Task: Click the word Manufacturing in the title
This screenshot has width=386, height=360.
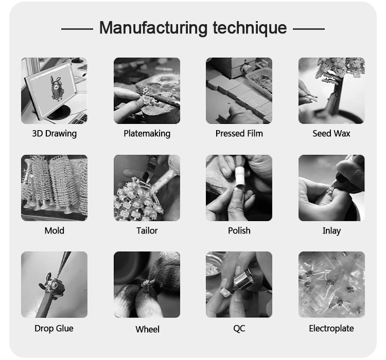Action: pos(153,28)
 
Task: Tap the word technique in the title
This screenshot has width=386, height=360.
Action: pos(250,28)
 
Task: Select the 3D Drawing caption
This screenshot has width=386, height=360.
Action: pos(55,133)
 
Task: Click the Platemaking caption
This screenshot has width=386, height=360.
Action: pos(147,133)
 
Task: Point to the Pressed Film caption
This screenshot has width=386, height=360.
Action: pos(239,133)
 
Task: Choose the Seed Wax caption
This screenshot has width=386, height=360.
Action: pos(331,133)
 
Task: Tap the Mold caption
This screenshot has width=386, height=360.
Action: pos(55,230)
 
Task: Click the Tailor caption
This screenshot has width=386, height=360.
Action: pos(147,230)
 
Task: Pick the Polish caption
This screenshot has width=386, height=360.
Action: pos(239,230)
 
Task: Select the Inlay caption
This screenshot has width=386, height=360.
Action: pos(331,231)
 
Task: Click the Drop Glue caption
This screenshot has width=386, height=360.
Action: pos(54,328)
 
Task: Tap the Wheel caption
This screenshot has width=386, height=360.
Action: pos(148,329)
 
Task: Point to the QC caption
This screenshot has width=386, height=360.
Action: pos(239,328)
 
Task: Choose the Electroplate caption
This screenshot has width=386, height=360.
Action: pos(331,328)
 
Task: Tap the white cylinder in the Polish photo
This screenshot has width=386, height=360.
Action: pos(239,176)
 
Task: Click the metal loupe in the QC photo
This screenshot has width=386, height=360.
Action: pos(242,279)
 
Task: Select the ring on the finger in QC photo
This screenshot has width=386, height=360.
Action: pos(226,292)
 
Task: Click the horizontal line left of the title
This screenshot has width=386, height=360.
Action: pos(77,29)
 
